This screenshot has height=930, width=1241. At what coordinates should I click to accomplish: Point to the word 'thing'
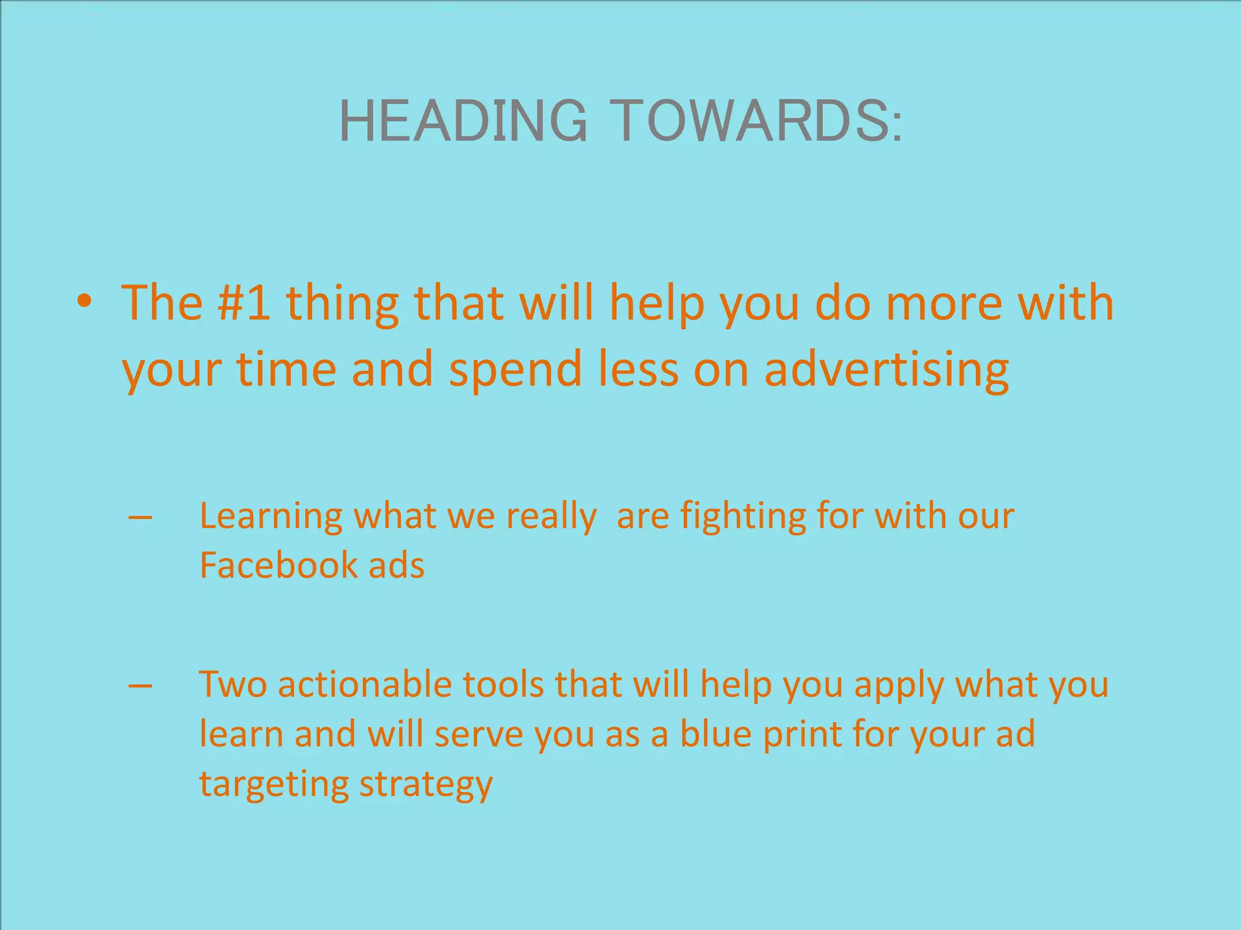pos(342,304)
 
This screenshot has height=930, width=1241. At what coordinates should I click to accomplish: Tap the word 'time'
pos(286,369)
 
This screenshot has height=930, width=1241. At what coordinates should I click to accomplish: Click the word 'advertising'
pos(886,369)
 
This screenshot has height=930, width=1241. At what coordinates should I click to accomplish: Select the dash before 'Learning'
pos(141,518)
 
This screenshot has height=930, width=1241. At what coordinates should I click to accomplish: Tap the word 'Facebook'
pos(278,566)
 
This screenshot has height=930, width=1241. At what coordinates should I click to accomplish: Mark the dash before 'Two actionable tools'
pos(141,687)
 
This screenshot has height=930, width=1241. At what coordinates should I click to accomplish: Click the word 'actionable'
pos(365,685)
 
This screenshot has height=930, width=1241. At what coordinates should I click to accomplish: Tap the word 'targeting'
pos(273,785)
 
